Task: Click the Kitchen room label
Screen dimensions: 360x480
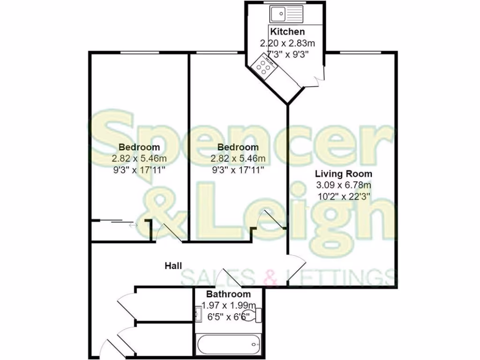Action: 287,32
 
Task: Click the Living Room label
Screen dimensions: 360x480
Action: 344,174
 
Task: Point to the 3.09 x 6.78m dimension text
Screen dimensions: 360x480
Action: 344,186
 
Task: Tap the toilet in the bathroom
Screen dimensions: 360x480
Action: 254,315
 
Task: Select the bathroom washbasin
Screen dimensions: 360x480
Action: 198,313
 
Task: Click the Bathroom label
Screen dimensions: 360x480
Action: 228,294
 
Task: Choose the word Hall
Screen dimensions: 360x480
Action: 173,266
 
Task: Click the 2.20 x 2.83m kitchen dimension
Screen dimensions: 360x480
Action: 287,43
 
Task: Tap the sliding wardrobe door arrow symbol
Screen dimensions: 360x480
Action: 134,225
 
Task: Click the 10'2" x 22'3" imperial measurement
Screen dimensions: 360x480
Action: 344,197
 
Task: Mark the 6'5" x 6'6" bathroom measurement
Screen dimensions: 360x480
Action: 228,316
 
